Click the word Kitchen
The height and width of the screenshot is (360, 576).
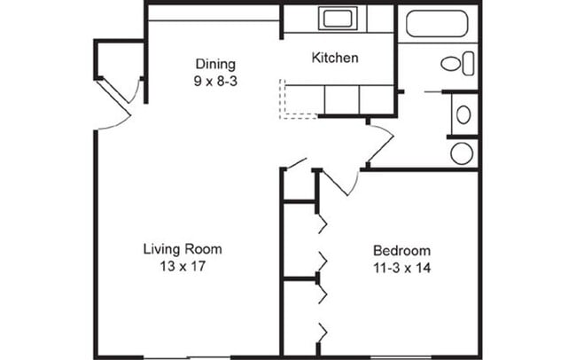(x=335, y=59)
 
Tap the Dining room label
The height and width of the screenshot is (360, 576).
(x=215, y=65)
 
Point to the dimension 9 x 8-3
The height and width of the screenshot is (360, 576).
(x=215, y=81)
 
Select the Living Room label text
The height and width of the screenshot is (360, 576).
(x=183, y=249)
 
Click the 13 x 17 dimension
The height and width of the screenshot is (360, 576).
(x=183, y=266)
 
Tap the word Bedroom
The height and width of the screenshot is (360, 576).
(x=402, y=251)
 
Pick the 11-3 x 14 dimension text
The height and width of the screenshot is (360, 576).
(x=402, y=268)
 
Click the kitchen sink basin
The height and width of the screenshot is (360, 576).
(x=338, y=18)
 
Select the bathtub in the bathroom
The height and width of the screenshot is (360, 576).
(x=437, y=24)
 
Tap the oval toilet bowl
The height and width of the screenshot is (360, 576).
(x=451, y=64)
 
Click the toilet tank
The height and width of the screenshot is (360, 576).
(x=469, y=64)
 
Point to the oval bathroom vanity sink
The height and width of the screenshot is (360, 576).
(x=463, y=114)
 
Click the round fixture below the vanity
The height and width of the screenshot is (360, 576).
(x=462, y=153)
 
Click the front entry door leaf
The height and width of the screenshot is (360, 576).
(x=114, y=98)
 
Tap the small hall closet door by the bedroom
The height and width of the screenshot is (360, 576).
(x=296, y=164)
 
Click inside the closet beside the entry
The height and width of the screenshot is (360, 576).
(x=120, y=59)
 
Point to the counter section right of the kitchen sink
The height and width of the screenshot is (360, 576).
(x=380, y=19)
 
